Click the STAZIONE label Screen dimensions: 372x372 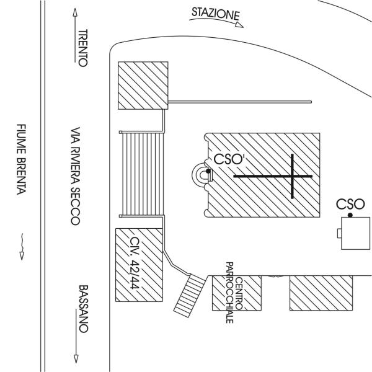pos(214,13)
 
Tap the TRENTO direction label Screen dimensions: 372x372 pos(84,48)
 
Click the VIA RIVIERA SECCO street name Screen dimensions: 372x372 pos(75,176)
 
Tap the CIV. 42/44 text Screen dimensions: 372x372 pos(135,263)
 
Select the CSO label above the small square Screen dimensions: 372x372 pos(350,204)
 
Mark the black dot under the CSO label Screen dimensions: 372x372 pos(350,215)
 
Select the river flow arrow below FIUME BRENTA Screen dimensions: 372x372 pos(22,245)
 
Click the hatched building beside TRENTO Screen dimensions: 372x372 pos(143,85)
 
